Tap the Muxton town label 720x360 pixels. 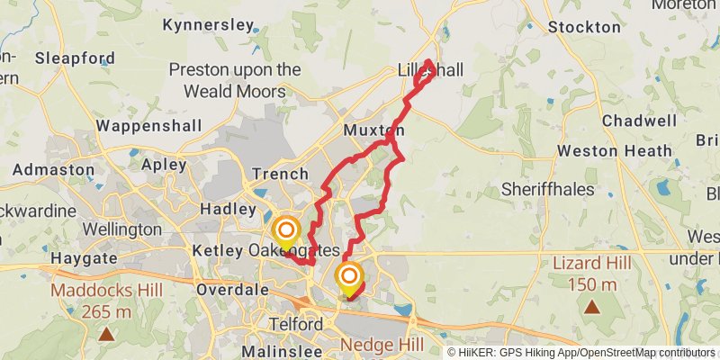373,130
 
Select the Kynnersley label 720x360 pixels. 209,25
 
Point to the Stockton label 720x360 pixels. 584,27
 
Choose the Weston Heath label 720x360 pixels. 615,151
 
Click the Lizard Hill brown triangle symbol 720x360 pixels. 592,307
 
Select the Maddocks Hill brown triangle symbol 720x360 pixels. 106,335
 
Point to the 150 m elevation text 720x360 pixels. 592,284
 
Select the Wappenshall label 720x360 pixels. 149,125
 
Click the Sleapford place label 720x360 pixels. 75,58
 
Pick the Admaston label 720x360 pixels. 53,169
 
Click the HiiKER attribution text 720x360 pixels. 580,352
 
